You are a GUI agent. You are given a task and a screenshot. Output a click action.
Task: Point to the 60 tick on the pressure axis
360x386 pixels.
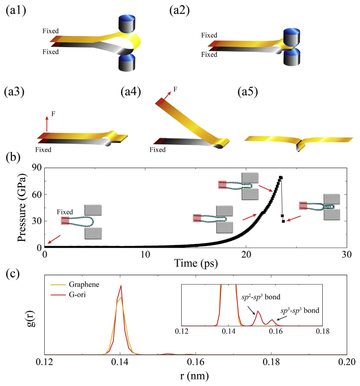(37, 194)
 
